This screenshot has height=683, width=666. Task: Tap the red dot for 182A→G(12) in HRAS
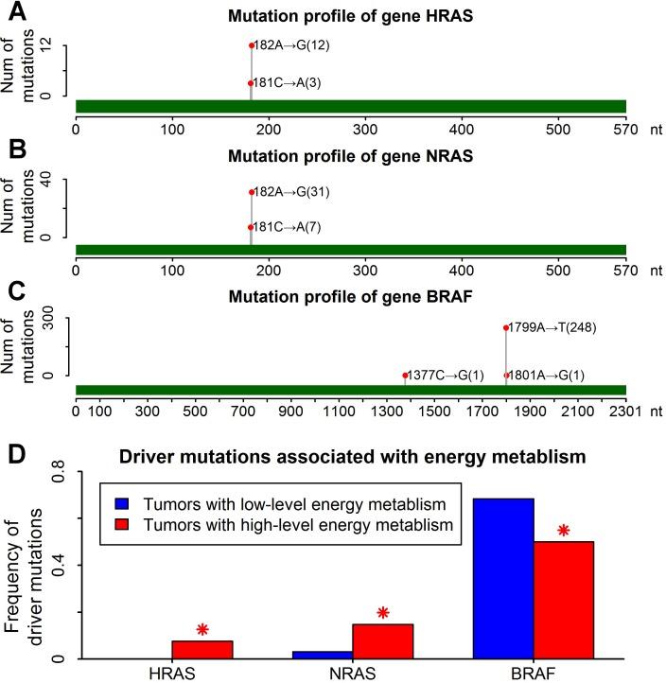251,45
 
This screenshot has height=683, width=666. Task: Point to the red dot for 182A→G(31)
251,192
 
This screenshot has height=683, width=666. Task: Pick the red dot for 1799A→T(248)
506,328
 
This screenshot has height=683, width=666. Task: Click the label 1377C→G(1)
446,376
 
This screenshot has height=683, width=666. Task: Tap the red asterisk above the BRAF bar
564,530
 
